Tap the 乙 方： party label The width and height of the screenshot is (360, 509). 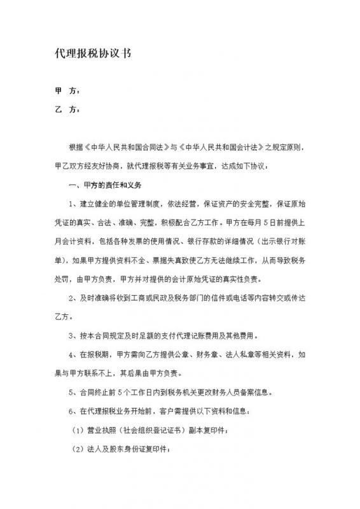(64, 110)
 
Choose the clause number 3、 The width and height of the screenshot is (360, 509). (72, 335)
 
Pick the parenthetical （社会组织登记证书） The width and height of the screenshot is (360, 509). (149, 428)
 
